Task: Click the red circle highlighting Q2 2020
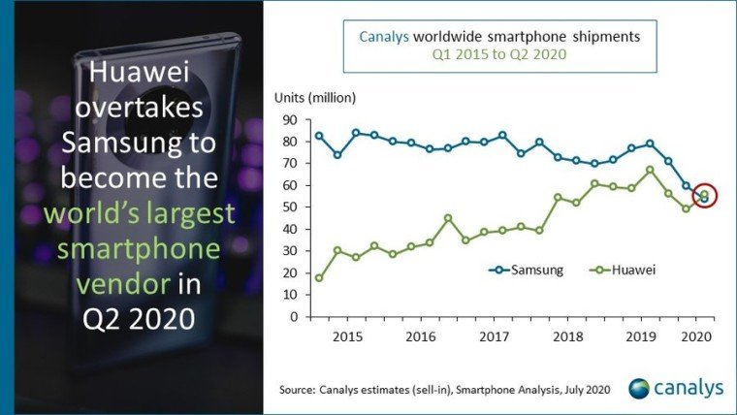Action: tap(705, 196)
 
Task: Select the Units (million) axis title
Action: tap(315, 97)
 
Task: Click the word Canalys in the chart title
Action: tap(384, 37)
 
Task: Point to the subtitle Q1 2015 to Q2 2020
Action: tap(498, 55)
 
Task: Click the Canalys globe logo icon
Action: tap(641, 388)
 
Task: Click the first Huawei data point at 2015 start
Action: tap(319, 278)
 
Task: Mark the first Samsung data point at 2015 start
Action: tap(319, 136)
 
